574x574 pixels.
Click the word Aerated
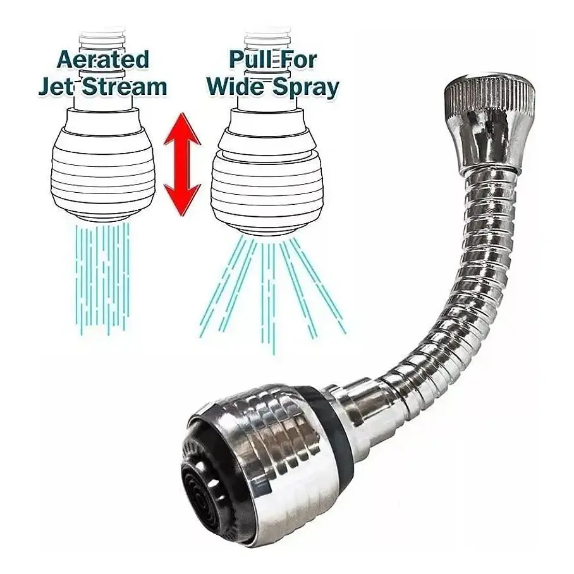pyautogui.click(x=103, y=59)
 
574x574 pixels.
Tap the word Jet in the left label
pyautogui.click(x=55, y=87)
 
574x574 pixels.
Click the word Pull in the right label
pyautogui.click(x=247, y=59)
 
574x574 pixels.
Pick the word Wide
pyautogui.click(x=235, y=87)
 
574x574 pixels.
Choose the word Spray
pyautogui.click(x=304, y=88)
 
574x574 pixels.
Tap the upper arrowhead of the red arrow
pyautogui.click(x=182, y=128)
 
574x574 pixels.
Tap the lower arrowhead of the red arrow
pyautogui.click(x=182, y=200)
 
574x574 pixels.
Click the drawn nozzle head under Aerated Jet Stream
pyautogui.click(x=104, y=165)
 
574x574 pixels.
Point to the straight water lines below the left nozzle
pyautogui.click(x=103, y=278)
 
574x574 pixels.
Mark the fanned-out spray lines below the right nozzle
pyautogui.click(x=272, y=293)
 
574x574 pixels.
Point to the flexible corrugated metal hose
pyautogui.click(x=465, y=300)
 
